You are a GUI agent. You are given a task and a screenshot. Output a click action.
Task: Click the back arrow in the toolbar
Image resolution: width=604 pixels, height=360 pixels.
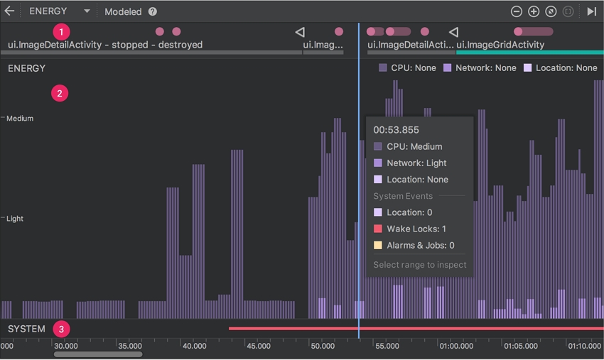tap(9, 11)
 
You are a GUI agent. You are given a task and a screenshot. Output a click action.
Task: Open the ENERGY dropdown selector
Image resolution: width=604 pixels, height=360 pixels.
tap(59, 11)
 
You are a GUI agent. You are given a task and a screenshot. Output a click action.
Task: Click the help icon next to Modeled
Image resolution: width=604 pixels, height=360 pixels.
tap(153, 12)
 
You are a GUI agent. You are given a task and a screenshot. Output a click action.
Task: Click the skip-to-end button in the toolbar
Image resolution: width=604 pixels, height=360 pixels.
tap(591, 11)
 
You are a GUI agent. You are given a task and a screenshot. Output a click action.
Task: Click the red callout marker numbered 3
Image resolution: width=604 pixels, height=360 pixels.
tap(62, 329)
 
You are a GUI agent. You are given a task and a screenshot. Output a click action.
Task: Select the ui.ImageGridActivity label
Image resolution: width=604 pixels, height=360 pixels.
tap(500, 45)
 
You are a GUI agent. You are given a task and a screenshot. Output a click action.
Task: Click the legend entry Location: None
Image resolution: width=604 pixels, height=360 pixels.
tap(561, 68)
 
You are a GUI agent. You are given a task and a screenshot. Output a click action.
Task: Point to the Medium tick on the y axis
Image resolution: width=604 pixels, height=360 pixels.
tap(19, 119)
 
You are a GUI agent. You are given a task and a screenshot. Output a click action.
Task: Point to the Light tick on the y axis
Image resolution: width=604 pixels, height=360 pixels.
tap(15, 219)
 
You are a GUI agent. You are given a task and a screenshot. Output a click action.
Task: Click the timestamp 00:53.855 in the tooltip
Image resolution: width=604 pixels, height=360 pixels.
tap(396, 130)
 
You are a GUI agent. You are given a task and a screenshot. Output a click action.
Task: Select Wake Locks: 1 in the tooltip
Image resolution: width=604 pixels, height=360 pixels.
tap(416, 229)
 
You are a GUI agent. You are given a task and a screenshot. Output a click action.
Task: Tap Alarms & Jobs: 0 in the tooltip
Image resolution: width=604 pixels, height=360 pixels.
tap(420, 246)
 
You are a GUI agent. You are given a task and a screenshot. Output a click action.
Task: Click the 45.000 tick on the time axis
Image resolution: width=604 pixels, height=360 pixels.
tap(258, 346)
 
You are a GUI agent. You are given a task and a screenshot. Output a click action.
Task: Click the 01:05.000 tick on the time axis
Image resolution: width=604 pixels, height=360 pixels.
tap(521, 346)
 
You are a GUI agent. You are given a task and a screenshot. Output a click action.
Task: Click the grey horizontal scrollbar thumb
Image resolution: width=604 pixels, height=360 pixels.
tap(98, 354)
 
